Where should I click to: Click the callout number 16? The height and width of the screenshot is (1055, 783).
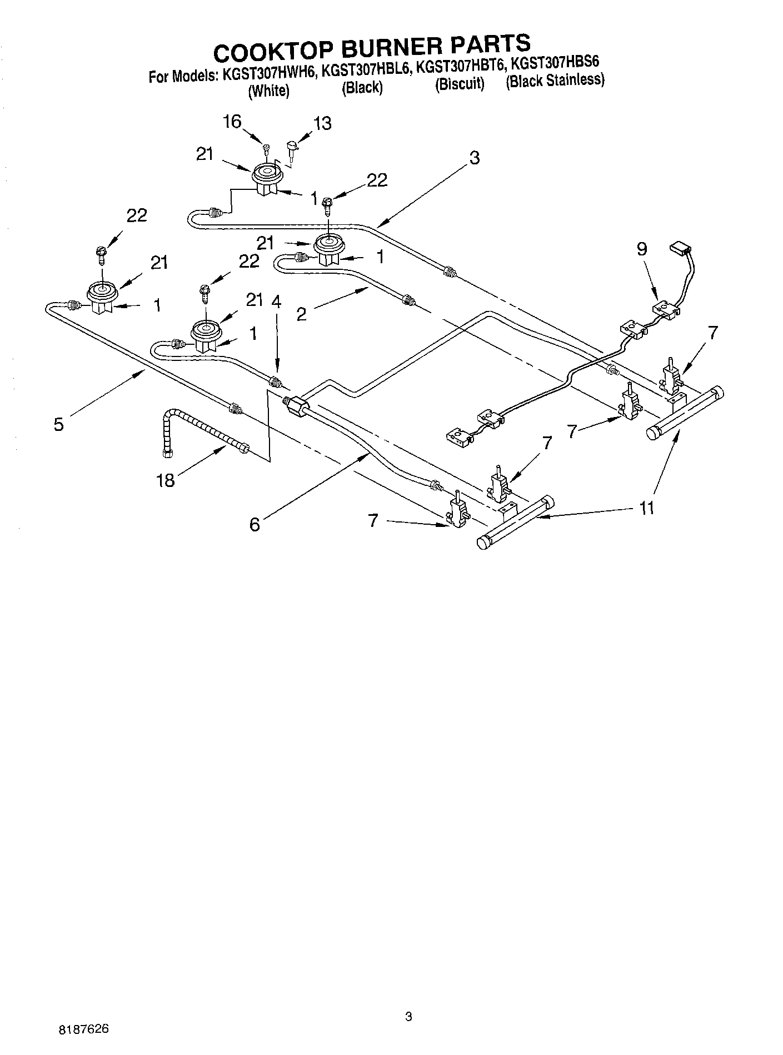pos(232,122)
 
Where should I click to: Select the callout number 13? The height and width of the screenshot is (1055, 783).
pos(322,123)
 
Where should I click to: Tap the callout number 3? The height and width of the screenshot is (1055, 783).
pos(473,158)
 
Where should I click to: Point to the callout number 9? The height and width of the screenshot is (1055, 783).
pos(642,249)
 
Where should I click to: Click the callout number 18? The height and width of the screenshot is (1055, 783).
pos(166,480)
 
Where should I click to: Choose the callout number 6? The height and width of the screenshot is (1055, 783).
pos(255,524)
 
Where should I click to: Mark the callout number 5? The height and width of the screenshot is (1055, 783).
pos(58,425)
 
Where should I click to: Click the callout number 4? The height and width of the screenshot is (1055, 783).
pos(276,302)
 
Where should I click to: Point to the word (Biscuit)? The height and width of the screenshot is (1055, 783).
pos(460,84)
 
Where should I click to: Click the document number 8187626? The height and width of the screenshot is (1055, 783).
pos(83,1029)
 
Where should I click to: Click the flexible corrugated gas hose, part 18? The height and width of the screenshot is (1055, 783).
pos(203,433)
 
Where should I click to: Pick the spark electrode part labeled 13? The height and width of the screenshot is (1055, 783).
pos(291,147)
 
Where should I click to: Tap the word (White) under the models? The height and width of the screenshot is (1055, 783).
pos(268,91)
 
